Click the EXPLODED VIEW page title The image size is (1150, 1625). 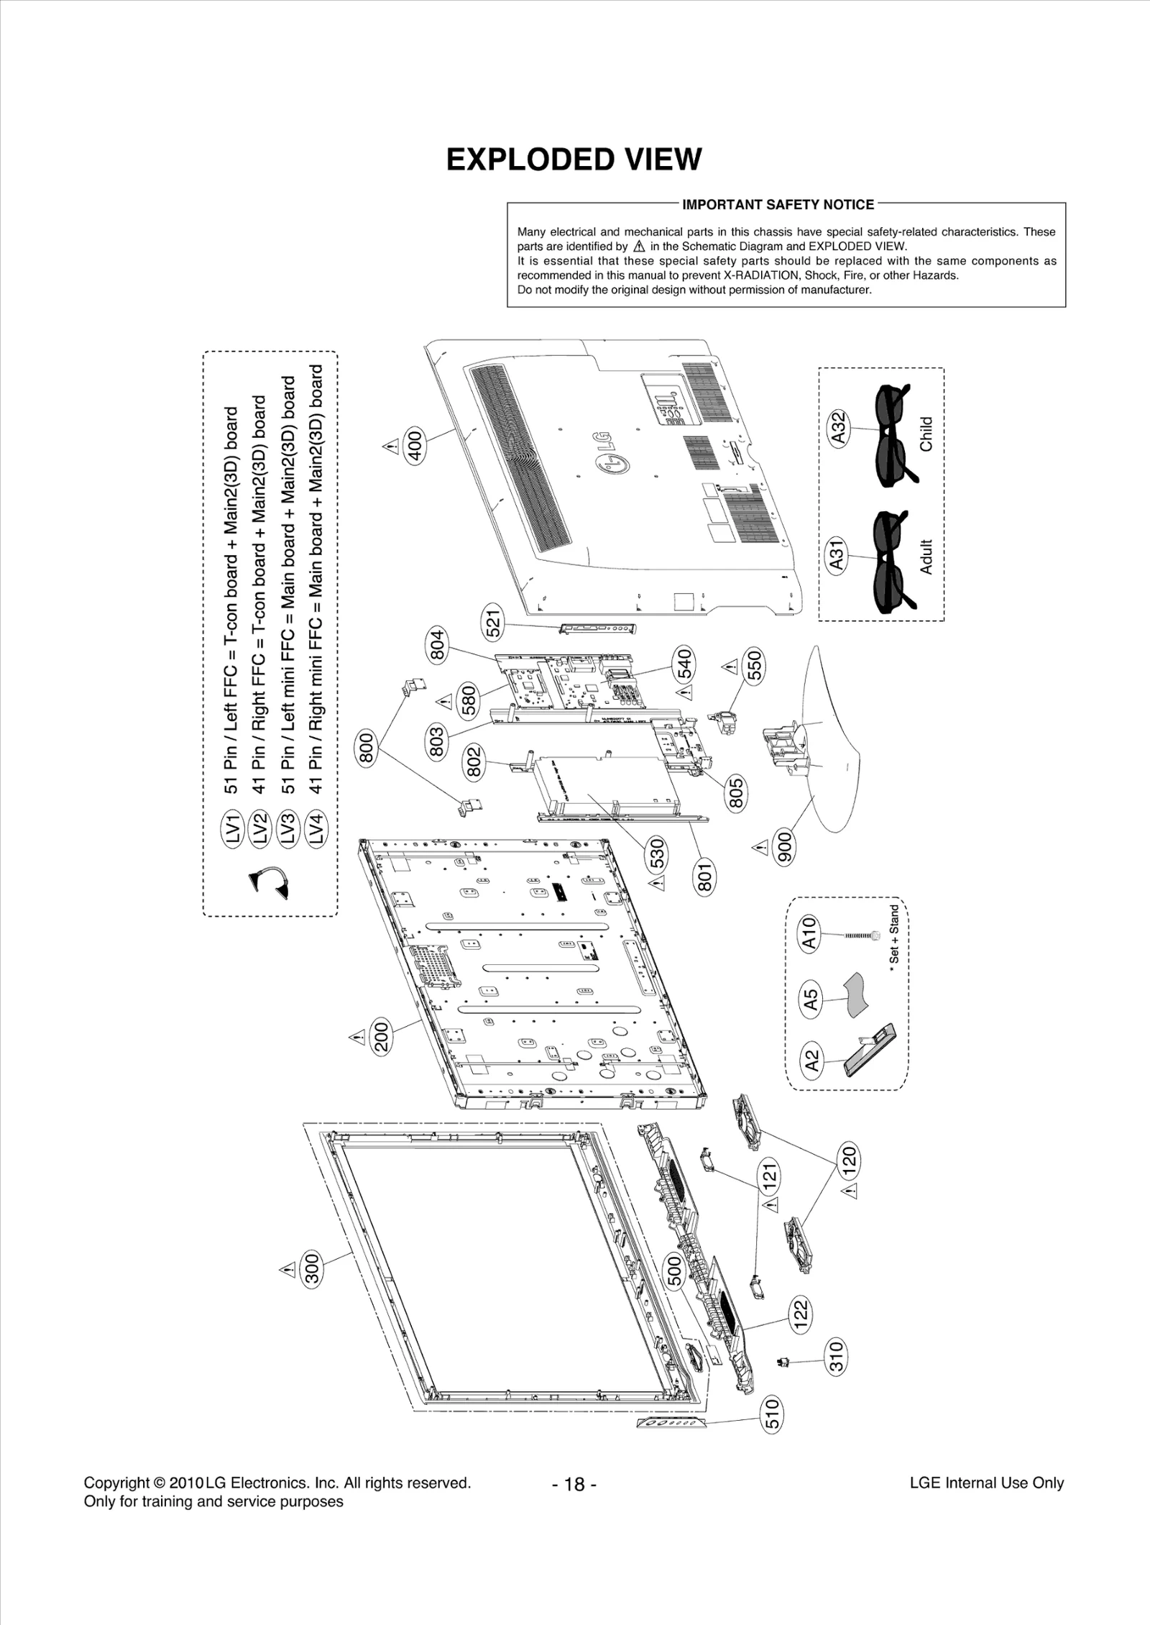pyautogui.click(x=574, y=160)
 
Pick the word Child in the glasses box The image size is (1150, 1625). pyautogui.click(x=926, y=434)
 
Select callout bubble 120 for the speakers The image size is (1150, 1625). pyautogui.click(x=849, y=1158)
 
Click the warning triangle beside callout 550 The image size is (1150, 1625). pyautogui.click(x=730, y=667)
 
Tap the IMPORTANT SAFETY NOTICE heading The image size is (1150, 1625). pyautogui.click(x=778, y=205)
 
